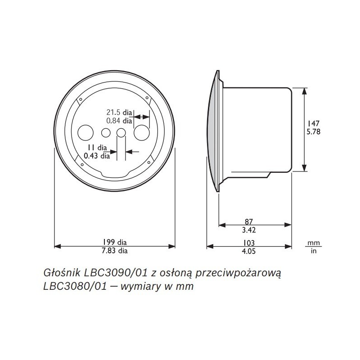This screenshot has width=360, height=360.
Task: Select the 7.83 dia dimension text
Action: tap(114, 251)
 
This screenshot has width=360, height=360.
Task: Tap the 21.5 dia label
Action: tap(119, 112)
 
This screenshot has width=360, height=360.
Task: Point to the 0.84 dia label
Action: tap(119, 121)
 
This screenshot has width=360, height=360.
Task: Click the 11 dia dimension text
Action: tap(97, 148)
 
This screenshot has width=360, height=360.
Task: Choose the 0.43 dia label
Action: tap(97, 156)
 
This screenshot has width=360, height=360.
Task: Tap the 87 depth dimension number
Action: tap(249, 221)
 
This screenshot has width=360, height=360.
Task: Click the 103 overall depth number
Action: tap(249, 243)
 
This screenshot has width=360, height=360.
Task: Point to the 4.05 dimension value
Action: tap(249, 252)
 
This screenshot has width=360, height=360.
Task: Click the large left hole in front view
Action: tap(85, 133)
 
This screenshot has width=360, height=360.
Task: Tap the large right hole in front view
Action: tap(142, 133)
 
